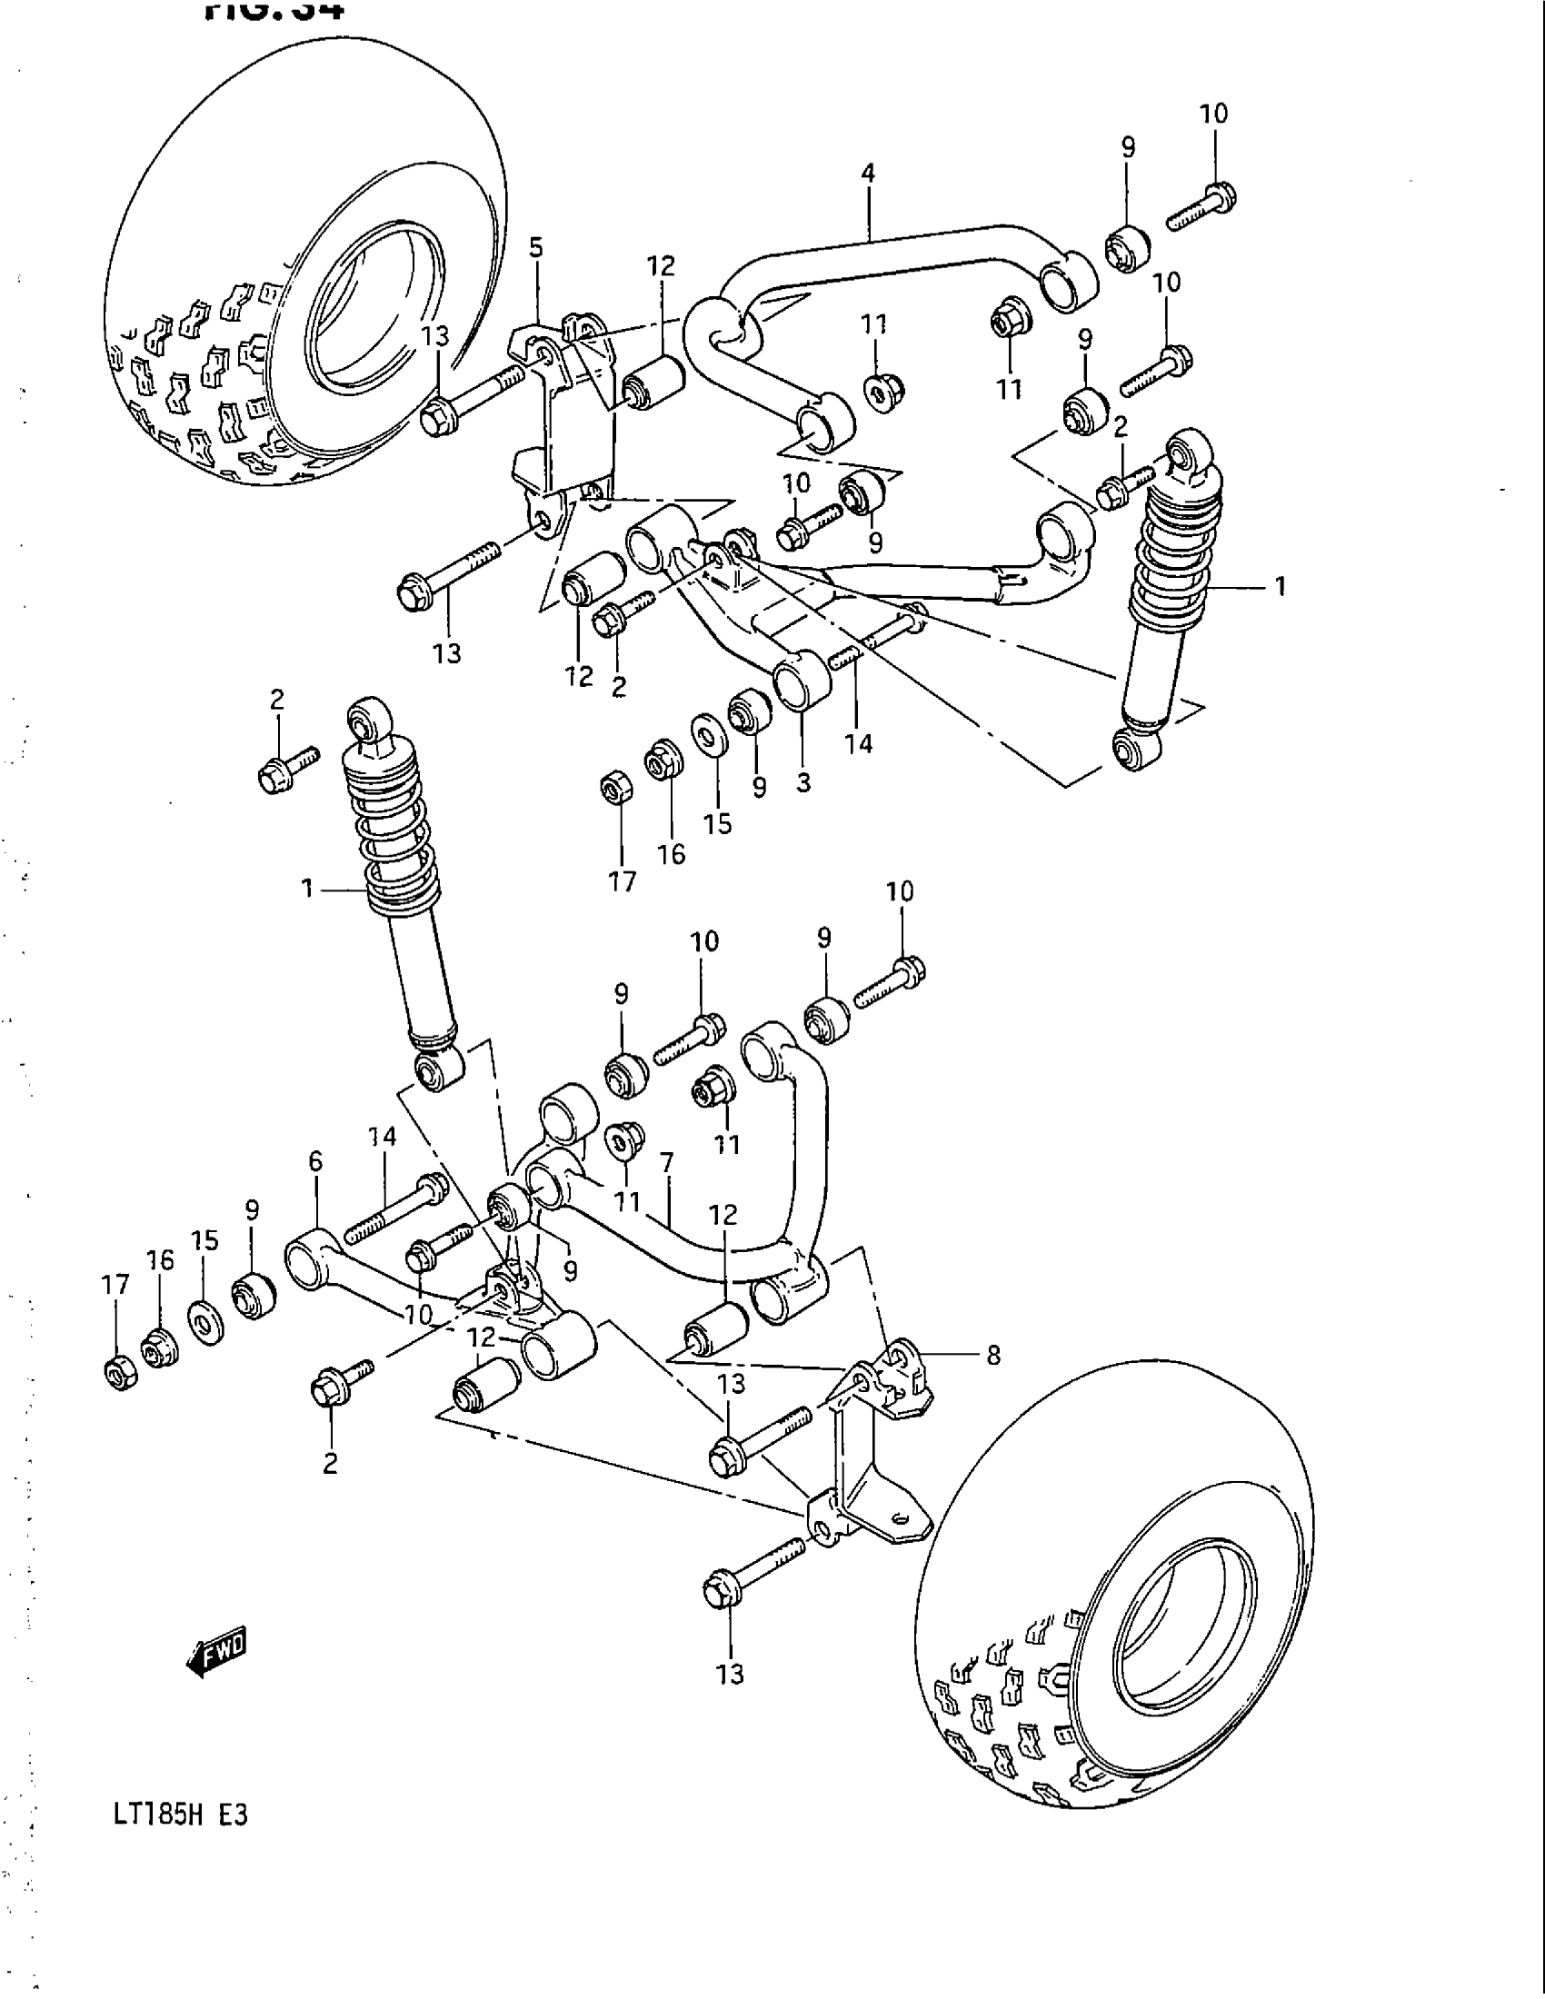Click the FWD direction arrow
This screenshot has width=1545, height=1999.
click(217, 1649)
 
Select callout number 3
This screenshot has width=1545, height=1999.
click(802, 783)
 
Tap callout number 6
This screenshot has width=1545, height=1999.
click(315, 1161)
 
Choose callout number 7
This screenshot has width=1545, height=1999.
click(666, 1163)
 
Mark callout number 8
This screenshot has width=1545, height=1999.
click(993, 1355)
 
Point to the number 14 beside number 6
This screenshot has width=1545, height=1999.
click(383, 1138)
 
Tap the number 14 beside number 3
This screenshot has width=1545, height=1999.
click(859, 743)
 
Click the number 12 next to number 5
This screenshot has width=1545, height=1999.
click(661, 266)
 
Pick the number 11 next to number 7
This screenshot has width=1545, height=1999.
click(628, 1200)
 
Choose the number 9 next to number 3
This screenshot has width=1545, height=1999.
click(759, 787)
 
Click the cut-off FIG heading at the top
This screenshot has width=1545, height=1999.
click(274, 9)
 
